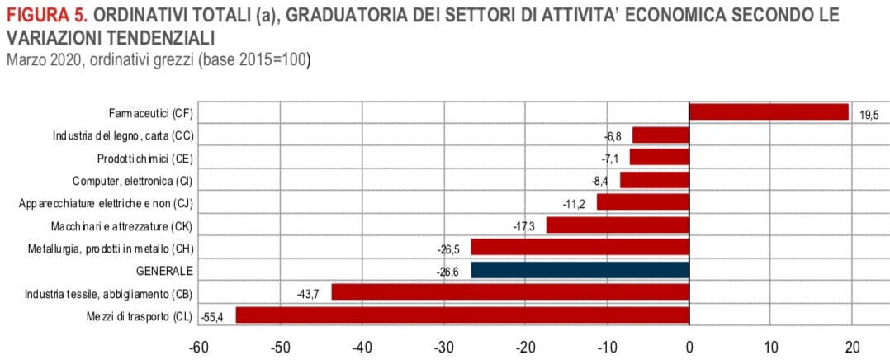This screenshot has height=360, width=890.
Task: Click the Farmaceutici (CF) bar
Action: coord(769,112)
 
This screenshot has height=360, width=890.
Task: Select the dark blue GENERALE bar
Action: coord(580,270)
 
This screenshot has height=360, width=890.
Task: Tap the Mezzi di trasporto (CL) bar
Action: coord(462,315)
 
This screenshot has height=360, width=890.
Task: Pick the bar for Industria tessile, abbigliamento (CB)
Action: coord(510,292)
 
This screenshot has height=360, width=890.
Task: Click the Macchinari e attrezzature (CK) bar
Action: coord(618,225)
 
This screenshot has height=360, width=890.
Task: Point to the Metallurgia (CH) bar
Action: coord(580,248)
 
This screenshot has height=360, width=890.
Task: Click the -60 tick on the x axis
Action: coord(199,347)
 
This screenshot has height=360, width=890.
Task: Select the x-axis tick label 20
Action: coord(853,347)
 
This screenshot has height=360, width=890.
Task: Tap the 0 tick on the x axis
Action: coord(689,347)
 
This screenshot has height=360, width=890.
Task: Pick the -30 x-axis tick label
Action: coord(444,347)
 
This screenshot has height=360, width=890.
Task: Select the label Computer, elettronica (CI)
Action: coord(133,180)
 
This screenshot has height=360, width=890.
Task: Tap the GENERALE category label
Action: coord(165,271)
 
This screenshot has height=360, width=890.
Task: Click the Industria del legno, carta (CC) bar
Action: coord(660,135)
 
